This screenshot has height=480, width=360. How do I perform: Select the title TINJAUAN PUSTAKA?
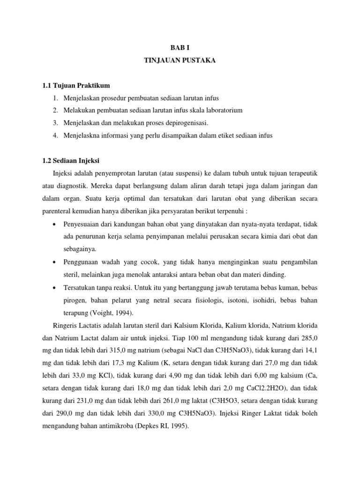180,61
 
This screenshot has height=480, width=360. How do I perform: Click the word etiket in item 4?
215,135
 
